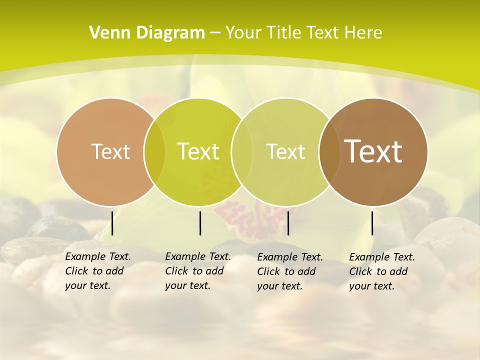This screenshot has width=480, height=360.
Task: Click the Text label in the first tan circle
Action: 110,151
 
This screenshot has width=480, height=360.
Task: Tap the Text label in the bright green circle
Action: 198,151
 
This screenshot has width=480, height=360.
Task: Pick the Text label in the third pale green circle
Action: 285,151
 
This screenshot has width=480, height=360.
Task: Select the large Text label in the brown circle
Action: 373,151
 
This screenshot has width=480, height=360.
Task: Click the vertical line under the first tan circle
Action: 112,223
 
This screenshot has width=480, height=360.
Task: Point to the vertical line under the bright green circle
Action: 200,223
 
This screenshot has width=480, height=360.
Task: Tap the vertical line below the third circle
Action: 288,223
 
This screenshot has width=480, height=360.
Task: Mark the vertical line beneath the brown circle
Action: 372,223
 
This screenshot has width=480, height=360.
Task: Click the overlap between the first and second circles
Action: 154,151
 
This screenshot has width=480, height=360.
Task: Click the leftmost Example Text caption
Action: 98,271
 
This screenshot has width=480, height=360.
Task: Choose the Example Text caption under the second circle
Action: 198,271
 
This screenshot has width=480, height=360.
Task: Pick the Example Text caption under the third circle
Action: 290,271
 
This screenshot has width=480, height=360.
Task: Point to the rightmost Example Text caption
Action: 382,271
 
